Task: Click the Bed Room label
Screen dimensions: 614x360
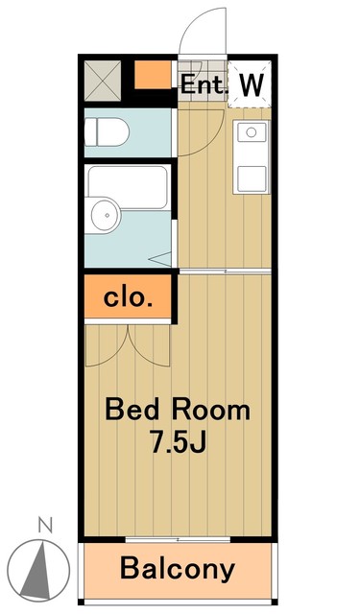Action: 177,411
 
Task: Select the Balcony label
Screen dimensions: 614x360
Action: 178,569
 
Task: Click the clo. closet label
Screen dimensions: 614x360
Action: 128,297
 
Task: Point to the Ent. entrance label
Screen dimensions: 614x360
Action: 204,84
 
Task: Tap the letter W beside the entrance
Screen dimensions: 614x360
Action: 251,84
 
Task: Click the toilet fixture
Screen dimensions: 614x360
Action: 107,132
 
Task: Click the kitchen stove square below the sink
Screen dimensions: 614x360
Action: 252,177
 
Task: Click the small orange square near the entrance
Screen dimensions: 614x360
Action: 149,75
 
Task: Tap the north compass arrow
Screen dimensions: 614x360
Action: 42,566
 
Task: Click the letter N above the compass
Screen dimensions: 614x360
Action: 43,525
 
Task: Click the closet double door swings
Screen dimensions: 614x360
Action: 129,341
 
